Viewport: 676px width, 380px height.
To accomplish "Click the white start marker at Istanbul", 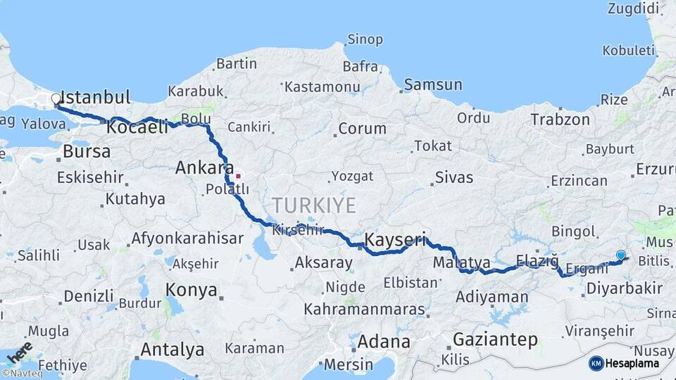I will (x=56, y=99).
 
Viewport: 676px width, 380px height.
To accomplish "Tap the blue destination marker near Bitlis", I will (x=620, y=255).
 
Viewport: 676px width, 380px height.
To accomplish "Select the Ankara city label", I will (x=204, y=168).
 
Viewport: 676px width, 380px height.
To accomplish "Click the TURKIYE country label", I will (x=314, y=205).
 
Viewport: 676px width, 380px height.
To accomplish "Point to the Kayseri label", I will (x=396, y=240).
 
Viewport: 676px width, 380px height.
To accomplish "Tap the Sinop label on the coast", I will (x=365, y=40).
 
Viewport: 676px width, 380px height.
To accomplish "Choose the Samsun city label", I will (x=433, y=85).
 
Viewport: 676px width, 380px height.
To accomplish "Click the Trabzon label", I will (x=560, y=120).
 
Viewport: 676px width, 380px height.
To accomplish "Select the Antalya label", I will (x=172, y=350).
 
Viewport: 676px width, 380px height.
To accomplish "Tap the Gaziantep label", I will (x=495, y=340).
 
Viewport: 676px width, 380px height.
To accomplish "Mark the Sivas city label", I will (x=454, y=177).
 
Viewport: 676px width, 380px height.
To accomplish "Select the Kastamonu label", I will (x=322, y=87).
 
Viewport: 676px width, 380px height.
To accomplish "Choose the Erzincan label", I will (x=579, y=181).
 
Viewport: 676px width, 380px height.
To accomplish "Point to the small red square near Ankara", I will (x=239, y=176).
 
